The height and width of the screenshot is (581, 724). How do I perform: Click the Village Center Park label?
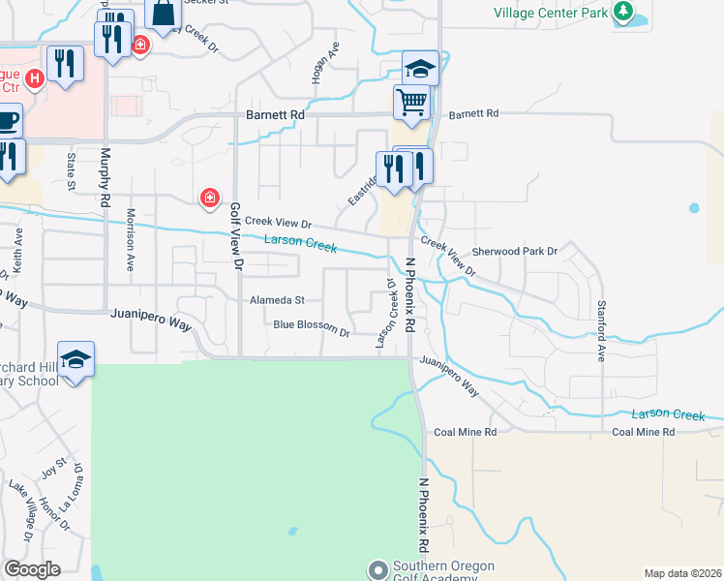point(550,13)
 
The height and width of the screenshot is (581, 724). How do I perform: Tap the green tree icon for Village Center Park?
point(625,13)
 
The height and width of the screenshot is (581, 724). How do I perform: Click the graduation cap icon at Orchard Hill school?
point(75,358)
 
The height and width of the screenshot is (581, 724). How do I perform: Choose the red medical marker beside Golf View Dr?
point(208,199)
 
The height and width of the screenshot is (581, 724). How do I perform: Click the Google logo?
point(32,569)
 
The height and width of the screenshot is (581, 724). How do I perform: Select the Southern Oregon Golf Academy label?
point(443,572)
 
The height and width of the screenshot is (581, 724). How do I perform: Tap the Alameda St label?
point(277,300)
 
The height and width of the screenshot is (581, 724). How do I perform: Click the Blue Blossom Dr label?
point(311,325)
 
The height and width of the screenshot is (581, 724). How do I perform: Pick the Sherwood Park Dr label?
point(515,252)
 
